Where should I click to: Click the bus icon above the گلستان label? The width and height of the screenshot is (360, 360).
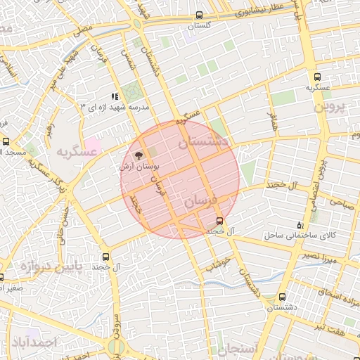(x=200, y=15)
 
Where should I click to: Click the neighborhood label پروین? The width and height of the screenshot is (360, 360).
(x=340, y=108)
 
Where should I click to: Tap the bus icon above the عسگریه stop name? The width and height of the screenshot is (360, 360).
(x=317, y=77)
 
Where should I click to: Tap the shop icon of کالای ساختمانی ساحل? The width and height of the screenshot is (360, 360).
(x=301, y=224)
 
